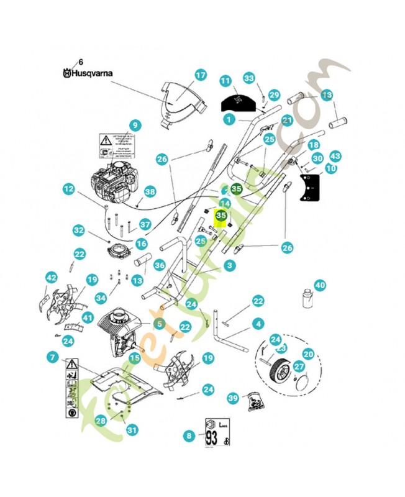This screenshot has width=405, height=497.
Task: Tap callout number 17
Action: click(x=200, y=76)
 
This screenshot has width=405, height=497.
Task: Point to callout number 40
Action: click(x=320, y=286)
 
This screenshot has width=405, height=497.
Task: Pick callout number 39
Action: click(x=233, y=398)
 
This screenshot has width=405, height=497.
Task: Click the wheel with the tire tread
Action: click(x=283, y=372)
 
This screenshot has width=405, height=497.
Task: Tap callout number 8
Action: click(x=189, y=436)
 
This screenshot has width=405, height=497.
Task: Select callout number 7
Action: click(x=52, y=357)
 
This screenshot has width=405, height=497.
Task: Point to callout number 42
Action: click(x=51, y=278)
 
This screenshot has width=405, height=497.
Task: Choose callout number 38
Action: click(x=150, y=192)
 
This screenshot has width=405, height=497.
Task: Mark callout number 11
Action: click(x=225, y=81)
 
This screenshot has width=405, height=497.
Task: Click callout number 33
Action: click(x=249, y=78)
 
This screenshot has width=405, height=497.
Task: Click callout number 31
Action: click(x=131, y=429)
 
